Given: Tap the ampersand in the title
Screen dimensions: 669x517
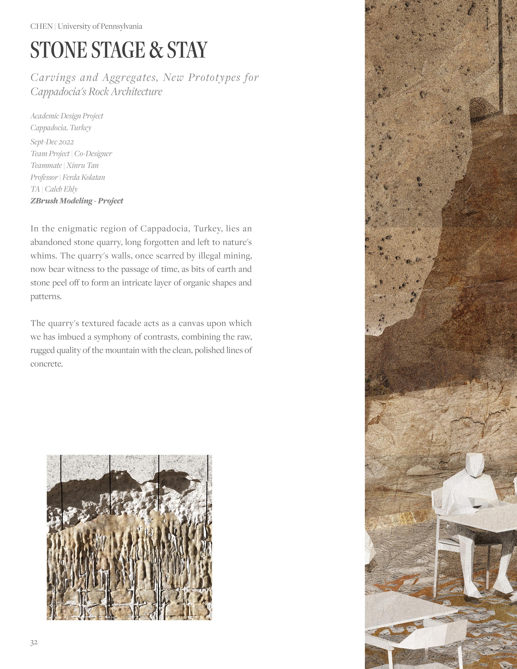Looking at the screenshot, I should pyautogui.click(x=156, y=50).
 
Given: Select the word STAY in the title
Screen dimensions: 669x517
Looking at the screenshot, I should pyautogui.click(x=187, y=50).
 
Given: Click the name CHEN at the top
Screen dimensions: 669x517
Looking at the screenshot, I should pyautogui.click(x=41, y=27).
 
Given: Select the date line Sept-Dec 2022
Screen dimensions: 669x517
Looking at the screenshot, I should pyautogui.click(x=52, y=142).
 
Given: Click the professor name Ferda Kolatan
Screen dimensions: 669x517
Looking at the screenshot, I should pyautogui.click(x=84, y=177).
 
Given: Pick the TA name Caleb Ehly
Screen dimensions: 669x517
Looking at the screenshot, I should pyautogui.click(x=61, y=189).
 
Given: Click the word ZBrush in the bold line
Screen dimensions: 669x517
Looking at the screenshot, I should pyautogui.click(x=44, y=201).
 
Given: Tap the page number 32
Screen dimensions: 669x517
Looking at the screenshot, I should pyautogui.click(x=34, y=643).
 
